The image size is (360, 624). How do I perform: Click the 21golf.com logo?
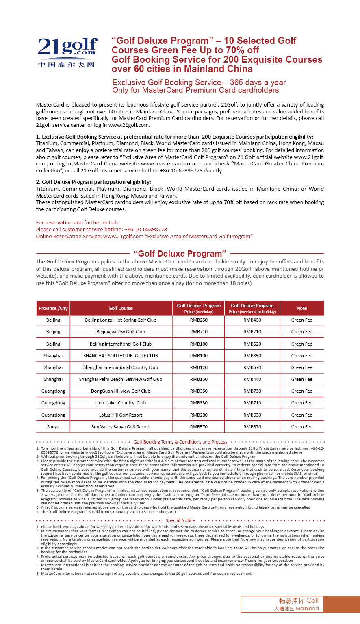pyautogui.click(x=68, y=52)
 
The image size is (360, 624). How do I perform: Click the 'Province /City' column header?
pyautogui.click(x=53, y=308)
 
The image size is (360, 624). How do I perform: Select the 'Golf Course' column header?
pyautogui.click(x=121, y=308)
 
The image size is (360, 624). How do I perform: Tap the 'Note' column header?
pyautogui.click(x=301, y=308)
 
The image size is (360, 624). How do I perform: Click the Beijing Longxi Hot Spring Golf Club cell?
pyautogui.click(x=121, y=320)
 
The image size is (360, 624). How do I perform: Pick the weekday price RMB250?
pyautogui.click(x=199, y=320)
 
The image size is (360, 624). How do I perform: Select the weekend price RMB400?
pyautogui.click(x=252, y=320)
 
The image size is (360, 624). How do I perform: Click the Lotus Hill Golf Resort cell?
pyautogui.click(x=121, y=415)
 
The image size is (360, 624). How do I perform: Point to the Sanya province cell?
pyautogui.click(x=53, y=427)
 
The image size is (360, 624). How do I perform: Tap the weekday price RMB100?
pyautogui.click(x=199, y=356)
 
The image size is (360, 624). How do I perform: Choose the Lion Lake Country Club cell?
pyautogui.click(x=121, y=403)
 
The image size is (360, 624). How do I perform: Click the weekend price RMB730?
pyautogui.click(x=252, y=391)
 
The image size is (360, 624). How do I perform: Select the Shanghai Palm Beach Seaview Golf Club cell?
pyautogui.click(x=121, y=379)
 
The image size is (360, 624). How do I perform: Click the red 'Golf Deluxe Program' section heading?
pyautogui.click(x=180, y=254)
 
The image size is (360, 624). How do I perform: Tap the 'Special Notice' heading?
pyautogui.click(x=180, y=520)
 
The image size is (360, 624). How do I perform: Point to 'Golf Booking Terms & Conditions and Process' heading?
pyautogui.click(x=180, y=442)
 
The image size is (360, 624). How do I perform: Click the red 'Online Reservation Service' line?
pyautogui.click(x=144, y=236)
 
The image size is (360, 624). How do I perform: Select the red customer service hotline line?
pyautogui.click(x=101, y=229)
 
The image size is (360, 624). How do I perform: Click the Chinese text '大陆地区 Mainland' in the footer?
pyautogui.click(x=296, y=609)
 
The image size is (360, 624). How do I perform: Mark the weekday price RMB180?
pyautogui.click(x=199, y=344)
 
